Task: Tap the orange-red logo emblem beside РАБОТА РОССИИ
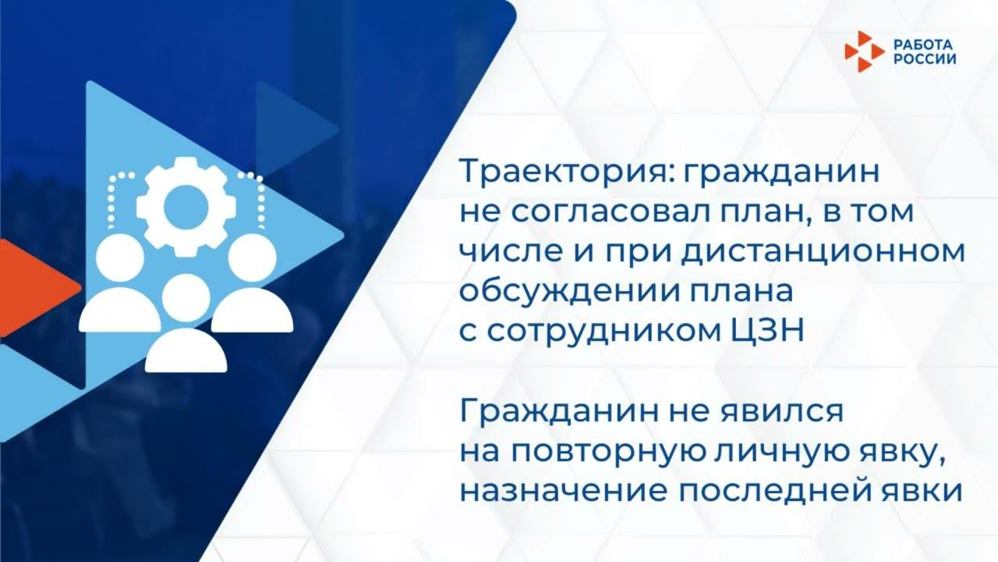(x=864, y=52)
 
